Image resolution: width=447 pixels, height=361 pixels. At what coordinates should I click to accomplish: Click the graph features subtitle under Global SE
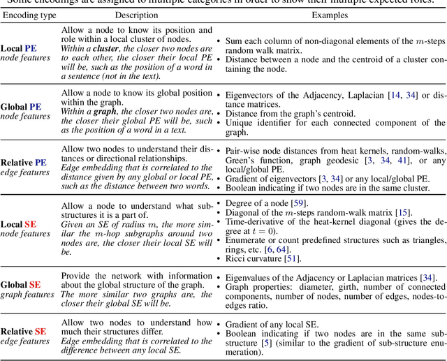click(x=27, y=294)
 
